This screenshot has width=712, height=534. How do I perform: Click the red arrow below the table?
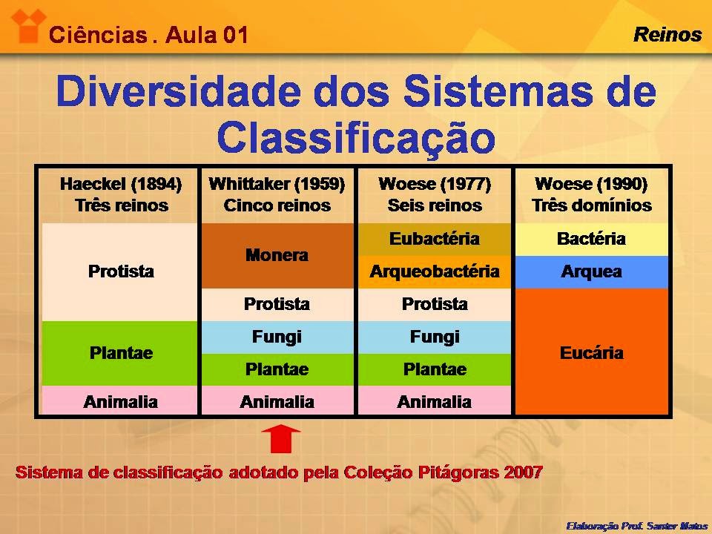(x=280, y=438)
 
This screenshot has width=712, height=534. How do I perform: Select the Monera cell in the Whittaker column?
(x=277, y=256)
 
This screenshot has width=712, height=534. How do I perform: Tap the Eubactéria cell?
(x=435, y=240)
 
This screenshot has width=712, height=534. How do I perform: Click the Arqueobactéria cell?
(x=435, y=271)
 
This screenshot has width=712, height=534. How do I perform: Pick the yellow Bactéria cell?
(x=591, y=240)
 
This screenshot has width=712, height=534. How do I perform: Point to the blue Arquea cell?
(x=591, y=271)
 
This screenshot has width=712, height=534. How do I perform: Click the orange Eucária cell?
(x=591, y=352)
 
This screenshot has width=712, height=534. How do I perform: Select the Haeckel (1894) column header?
(x=121, y=194)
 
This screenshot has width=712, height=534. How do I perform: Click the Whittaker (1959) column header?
(x=277, y=194)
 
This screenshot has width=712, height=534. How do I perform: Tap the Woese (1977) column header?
(x=435, y=194)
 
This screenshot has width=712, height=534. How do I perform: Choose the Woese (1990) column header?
(x=591, y=194)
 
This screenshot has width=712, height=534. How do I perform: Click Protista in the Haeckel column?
(x=121, y=271)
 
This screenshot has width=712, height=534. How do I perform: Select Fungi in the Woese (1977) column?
(x=435, y=337)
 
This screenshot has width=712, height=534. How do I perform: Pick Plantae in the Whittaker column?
(x=277, y=369)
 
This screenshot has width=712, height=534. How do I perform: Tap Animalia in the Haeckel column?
(x=121, y=402)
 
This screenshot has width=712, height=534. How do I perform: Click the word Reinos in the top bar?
(x=667, y=34)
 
